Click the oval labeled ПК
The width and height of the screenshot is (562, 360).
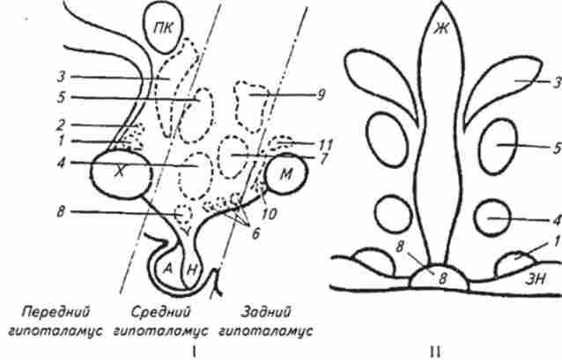click(164, 27)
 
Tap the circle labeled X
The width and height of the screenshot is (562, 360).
click(122, 173)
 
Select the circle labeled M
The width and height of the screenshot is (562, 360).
click(285, 173)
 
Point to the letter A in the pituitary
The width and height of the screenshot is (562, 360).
click(166, 268)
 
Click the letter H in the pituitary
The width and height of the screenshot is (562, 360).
click(192, 269)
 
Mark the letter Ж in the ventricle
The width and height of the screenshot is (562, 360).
click(440, 29)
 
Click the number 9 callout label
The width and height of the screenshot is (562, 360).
click(321, 95)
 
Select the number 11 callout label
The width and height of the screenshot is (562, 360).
click(326, 144)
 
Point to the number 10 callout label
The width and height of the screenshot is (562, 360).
click(270, 214)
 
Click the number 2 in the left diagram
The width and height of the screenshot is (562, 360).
click(61, 125)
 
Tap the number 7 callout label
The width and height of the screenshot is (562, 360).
click(324, 158)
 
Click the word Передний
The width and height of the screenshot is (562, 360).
click(55, 312)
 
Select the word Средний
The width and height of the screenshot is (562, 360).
click(160, 312)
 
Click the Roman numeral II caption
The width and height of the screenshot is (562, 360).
click(435, 352)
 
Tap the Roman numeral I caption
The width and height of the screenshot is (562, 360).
click(194, 352)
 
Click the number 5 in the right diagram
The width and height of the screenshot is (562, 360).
click(557, 148)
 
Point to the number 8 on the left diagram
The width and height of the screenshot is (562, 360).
click(61, 211)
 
